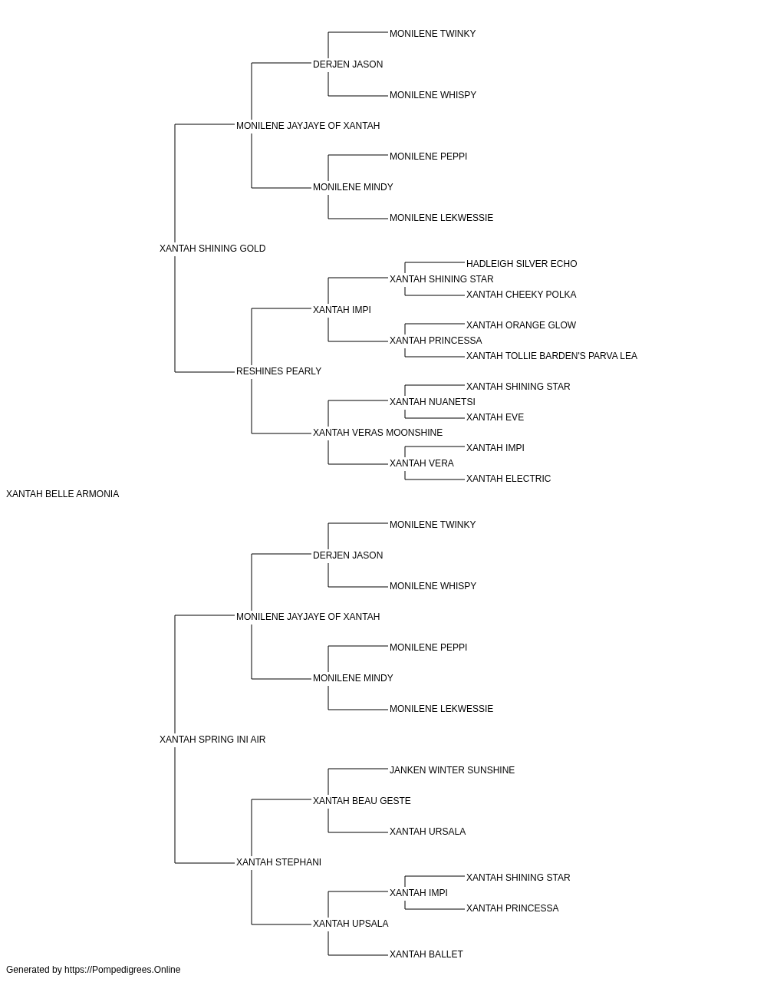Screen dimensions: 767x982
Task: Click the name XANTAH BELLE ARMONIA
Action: (x=62, y=494)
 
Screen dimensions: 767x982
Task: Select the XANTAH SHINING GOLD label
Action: (x=212, y=249)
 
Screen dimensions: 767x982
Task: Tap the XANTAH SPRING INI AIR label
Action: (x=212, y=740)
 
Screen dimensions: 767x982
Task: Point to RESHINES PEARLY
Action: (x=278, y=371)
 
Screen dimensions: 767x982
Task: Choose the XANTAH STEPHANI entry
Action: (x=278, y=862)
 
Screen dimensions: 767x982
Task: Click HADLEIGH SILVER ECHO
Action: (x=522, y=264)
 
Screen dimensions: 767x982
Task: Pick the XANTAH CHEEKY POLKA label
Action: (x=522, y=295)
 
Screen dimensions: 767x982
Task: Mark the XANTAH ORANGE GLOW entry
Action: (x=522, y=325)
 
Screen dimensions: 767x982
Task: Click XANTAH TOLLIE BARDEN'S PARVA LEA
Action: (x=551, y=356)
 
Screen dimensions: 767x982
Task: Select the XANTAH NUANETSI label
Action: (x=433, y=402)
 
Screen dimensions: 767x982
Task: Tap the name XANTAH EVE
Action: (x=495, y=417)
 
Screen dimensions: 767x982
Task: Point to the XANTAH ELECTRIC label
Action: (x=509, y=479)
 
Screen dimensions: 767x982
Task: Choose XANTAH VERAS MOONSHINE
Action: (x=377, y=433)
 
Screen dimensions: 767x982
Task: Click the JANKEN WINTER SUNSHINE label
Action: (x=453, y=770)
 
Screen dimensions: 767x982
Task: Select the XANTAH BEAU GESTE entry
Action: (x=362, y=801)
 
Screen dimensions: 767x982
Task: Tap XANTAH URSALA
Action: (x=428, y=832)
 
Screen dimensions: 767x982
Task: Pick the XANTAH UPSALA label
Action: (x=351, y=924)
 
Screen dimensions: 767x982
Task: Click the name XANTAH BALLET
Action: (x=426, y=954)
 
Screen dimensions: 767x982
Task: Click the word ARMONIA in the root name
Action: (x=97, y=494)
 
